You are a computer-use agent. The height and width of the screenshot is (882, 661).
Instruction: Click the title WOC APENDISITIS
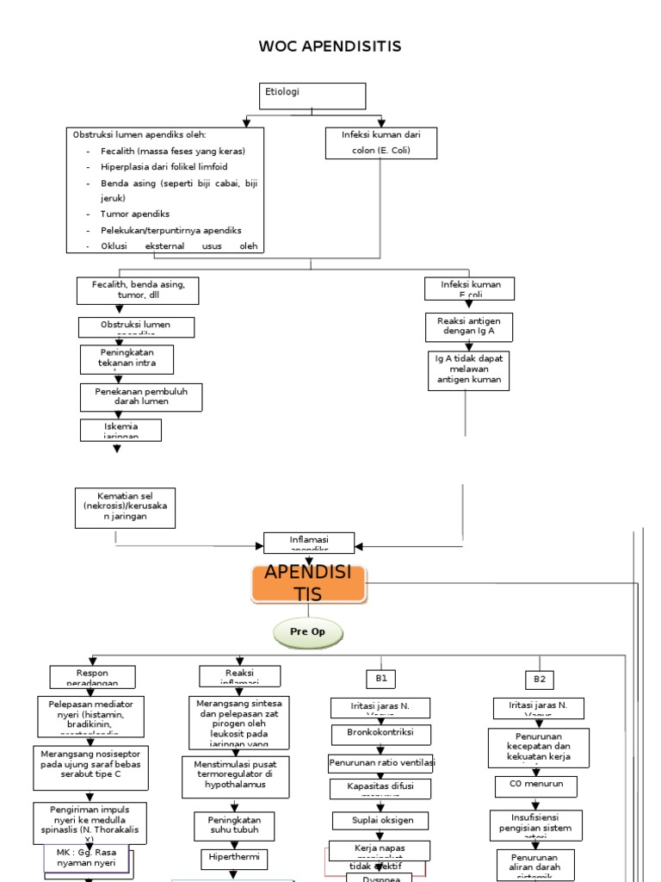click(x=330, y=47)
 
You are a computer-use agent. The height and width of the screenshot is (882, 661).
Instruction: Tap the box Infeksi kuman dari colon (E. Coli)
click(x=380, y=142)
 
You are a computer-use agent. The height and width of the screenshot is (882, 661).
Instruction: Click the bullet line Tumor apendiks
click(x=135, y=214)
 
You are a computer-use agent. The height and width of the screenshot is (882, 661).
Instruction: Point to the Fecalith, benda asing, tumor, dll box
click(x=138, y=289)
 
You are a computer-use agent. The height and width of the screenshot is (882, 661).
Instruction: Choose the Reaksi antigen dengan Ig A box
click(x=468, y=326)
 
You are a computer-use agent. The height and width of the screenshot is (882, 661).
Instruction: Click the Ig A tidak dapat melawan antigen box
click(x=468, y=370)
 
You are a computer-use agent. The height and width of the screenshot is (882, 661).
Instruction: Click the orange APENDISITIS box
click(x=308, y=583)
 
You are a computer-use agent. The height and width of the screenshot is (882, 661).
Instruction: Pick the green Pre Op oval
click(x=308, y=634)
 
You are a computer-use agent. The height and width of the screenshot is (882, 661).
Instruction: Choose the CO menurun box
click(x=529, y=786)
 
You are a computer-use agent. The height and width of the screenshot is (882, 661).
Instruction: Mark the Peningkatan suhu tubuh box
click(x=234, y=824)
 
